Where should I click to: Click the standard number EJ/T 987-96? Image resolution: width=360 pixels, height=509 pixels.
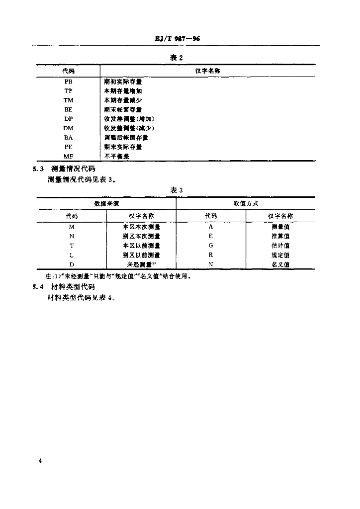click(177, 39)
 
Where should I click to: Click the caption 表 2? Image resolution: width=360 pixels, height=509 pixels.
click(177, 58)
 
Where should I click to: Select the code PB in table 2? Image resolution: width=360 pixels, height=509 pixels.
click(69, 81)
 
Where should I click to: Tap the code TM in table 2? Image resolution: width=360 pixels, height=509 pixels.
click(69, 100)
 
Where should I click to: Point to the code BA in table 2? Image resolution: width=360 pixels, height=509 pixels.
click(69, 137)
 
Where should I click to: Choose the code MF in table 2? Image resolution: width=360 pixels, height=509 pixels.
click(69, 156)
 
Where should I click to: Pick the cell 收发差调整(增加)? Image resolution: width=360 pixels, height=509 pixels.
click(129, 119)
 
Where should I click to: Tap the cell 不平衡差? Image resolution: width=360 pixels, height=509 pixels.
click(116, 156)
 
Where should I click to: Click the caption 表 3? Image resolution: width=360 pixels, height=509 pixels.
click(177, 190)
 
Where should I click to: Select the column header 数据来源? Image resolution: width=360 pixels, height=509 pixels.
click(106, 204)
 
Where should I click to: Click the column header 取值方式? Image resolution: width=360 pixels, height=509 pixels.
click(246, 204)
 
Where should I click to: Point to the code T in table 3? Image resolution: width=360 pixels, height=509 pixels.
click(72, 246)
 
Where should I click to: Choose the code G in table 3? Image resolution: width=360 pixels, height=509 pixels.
click(211, 246)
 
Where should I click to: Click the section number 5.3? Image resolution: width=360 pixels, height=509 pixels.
click(38, 169)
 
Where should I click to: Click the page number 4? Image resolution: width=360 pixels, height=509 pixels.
click(40, 462)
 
